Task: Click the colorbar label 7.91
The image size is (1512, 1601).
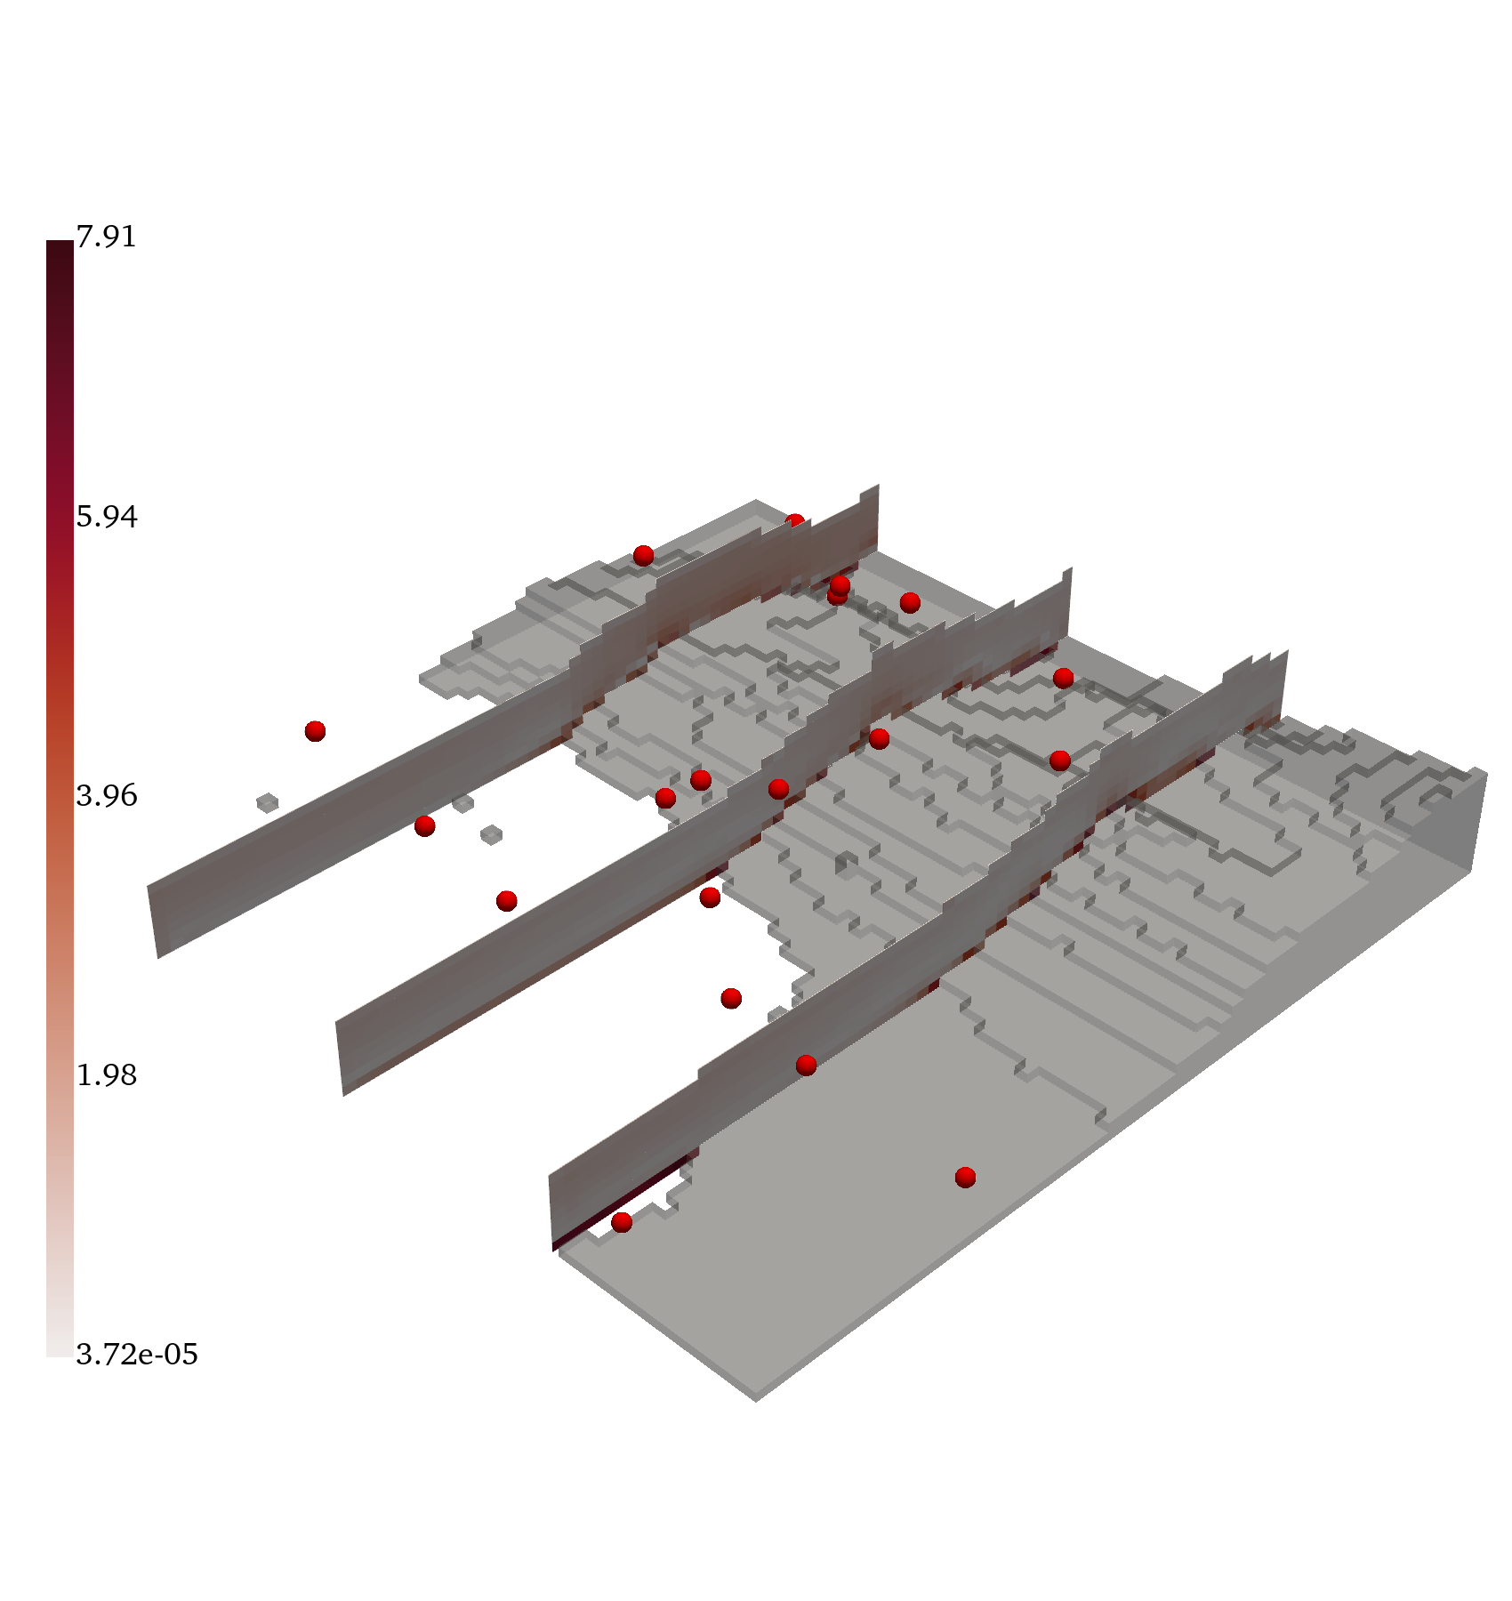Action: pos(106,237)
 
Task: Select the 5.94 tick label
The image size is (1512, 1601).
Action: pos(107,517)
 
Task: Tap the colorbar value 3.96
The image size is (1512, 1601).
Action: pos(107,795)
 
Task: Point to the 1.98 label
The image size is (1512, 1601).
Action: pos(107,1075)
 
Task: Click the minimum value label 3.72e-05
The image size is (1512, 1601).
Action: pos(137,1355)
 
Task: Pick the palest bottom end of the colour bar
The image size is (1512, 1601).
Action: pos(60,1353)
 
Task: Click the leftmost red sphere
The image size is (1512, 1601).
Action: pos(315,731)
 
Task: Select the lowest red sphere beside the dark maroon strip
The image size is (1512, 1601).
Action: pos(622,1222)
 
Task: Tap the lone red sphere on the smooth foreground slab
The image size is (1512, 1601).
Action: pos(965,1178)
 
